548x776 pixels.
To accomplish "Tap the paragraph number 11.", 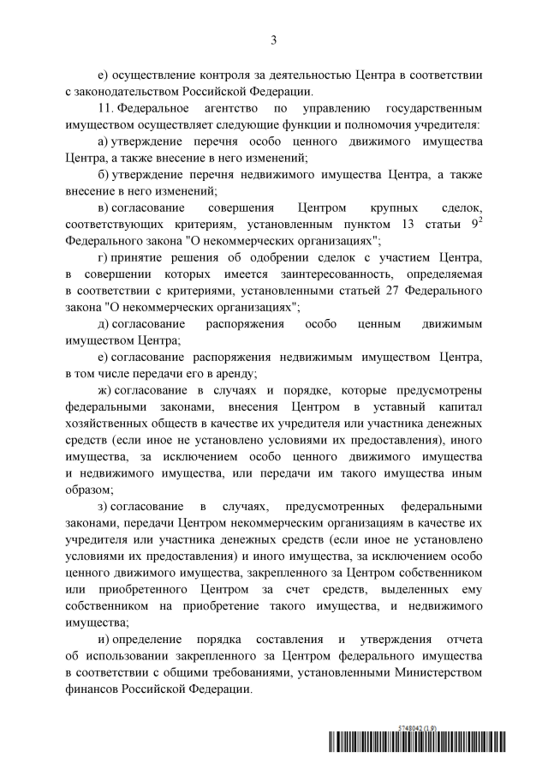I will coord(106,110).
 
